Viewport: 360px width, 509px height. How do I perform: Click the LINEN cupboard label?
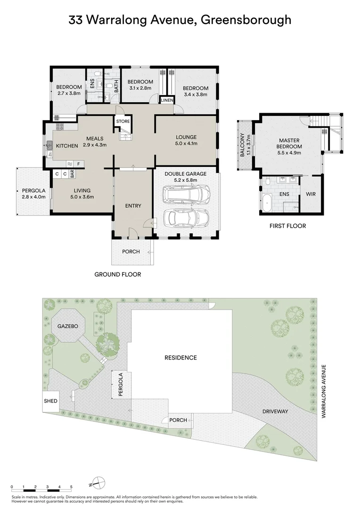(x=167, y=100)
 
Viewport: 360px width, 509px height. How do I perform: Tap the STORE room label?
(x=123, y=122)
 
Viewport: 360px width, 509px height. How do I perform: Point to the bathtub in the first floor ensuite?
(x=267, y=201)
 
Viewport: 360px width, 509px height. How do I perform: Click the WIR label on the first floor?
(x=311, y=194)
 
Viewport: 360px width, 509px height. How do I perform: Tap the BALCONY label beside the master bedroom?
(x=243, y=146)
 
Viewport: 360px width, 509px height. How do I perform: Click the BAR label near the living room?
(x=73, y=174)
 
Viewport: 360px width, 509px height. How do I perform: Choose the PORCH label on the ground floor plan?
(x=131, y=251)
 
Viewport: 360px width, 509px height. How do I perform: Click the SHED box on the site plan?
(x=51, y=401)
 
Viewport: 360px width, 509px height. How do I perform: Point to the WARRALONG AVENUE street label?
(x=324, y=390)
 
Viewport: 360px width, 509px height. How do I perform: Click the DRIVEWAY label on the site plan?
(x=275, y=411)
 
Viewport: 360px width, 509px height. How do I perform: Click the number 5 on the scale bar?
(x=71, y=486)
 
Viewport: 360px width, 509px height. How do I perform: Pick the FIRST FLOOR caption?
(x=287, y=226)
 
